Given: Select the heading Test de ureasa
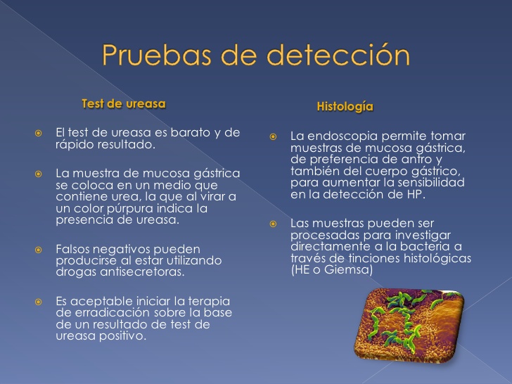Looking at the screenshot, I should pyautogui.click(x=123, y=103).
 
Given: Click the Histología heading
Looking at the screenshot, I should pyautogui.click(x=345, y=107).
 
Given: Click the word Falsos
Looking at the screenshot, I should pyautogui.click(x=72, y=249).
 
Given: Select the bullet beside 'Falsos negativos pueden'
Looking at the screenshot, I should pyautogui.click(x=39, y=250).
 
